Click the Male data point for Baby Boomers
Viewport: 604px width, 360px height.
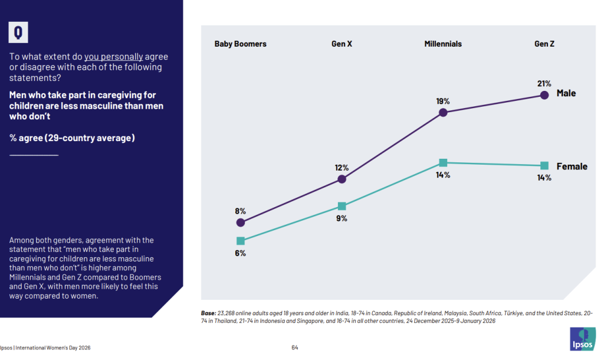240,222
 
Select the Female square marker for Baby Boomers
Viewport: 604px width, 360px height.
240,241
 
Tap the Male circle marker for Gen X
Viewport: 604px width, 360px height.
342,179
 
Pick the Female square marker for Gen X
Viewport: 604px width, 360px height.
342,206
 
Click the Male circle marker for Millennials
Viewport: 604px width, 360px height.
443,113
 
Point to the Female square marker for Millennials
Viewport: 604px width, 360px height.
443,162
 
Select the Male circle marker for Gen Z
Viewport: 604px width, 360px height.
544,95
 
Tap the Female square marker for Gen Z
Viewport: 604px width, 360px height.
544,165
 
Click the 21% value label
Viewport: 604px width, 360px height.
544,83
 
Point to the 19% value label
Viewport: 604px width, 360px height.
443,101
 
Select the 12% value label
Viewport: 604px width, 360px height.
342,167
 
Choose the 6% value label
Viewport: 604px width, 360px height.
240,253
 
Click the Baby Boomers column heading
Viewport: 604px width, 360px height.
240,44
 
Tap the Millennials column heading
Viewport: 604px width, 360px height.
443,44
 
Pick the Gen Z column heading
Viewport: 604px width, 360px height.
544,44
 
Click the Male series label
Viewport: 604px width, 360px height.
566,93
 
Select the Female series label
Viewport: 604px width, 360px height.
572,166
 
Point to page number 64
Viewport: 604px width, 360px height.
294,347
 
